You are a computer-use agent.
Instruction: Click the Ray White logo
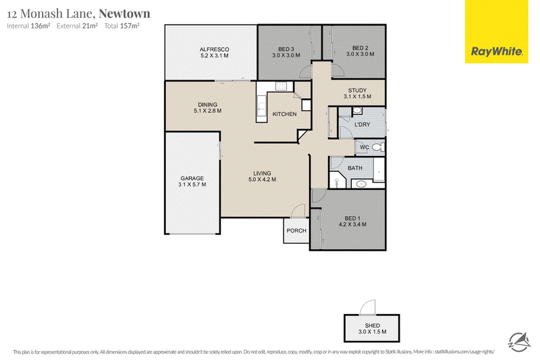pos(496,52)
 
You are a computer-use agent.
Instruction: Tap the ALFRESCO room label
pos(214,49)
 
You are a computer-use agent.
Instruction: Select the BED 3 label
pos(286,49)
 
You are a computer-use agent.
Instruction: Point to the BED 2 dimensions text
pos(360,54)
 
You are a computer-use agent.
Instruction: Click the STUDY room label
pos(357,91)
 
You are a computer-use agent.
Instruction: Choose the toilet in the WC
pos(378,147)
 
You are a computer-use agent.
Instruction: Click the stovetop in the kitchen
pos(281,86)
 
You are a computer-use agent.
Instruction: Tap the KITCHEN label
pos(284,114)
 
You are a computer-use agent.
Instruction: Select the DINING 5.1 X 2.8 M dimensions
pos(208,111)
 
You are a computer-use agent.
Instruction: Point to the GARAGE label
pos(192,178)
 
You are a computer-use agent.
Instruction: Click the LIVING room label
pos(262,174)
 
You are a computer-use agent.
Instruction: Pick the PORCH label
pos(296,230)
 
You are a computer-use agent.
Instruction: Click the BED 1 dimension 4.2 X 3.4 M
pos(352,224)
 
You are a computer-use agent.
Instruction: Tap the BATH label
pos(355,168)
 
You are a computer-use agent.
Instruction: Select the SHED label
pos(373,326)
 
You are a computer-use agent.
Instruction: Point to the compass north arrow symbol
pos(519,342)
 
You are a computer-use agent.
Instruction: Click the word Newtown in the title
pos(124,14)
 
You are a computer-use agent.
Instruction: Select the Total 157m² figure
pos(122,26)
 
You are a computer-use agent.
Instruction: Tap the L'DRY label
pos(362,124)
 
